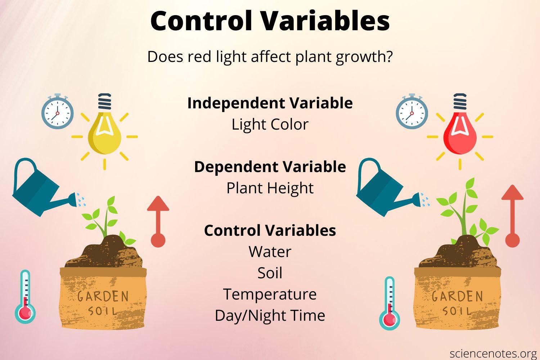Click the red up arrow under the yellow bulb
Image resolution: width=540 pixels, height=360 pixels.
[x=158, y=221]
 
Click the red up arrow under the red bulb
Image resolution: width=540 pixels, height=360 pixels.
[x=513, y=216]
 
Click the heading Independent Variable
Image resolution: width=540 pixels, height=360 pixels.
[x=270, y=103]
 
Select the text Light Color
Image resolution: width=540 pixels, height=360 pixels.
[x=270, y=125]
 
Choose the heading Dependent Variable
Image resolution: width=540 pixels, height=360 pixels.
[x=270, y=167]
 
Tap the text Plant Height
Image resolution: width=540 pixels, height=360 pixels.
[x=270, y=188]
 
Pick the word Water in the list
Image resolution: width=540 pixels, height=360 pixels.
[x=270, y=252]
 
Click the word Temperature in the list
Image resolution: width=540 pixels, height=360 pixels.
[x=270, y=294]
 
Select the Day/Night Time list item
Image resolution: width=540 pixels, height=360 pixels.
[x=270, y=315]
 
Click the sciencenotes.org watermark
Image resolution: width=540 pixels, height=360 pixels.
[x=493, y=352]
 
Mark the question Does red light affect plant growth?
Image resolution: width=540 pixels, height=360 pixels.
[x=270, y=57]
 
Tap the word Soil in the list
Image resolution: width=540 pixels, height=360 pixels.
[x=270, y=273]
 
